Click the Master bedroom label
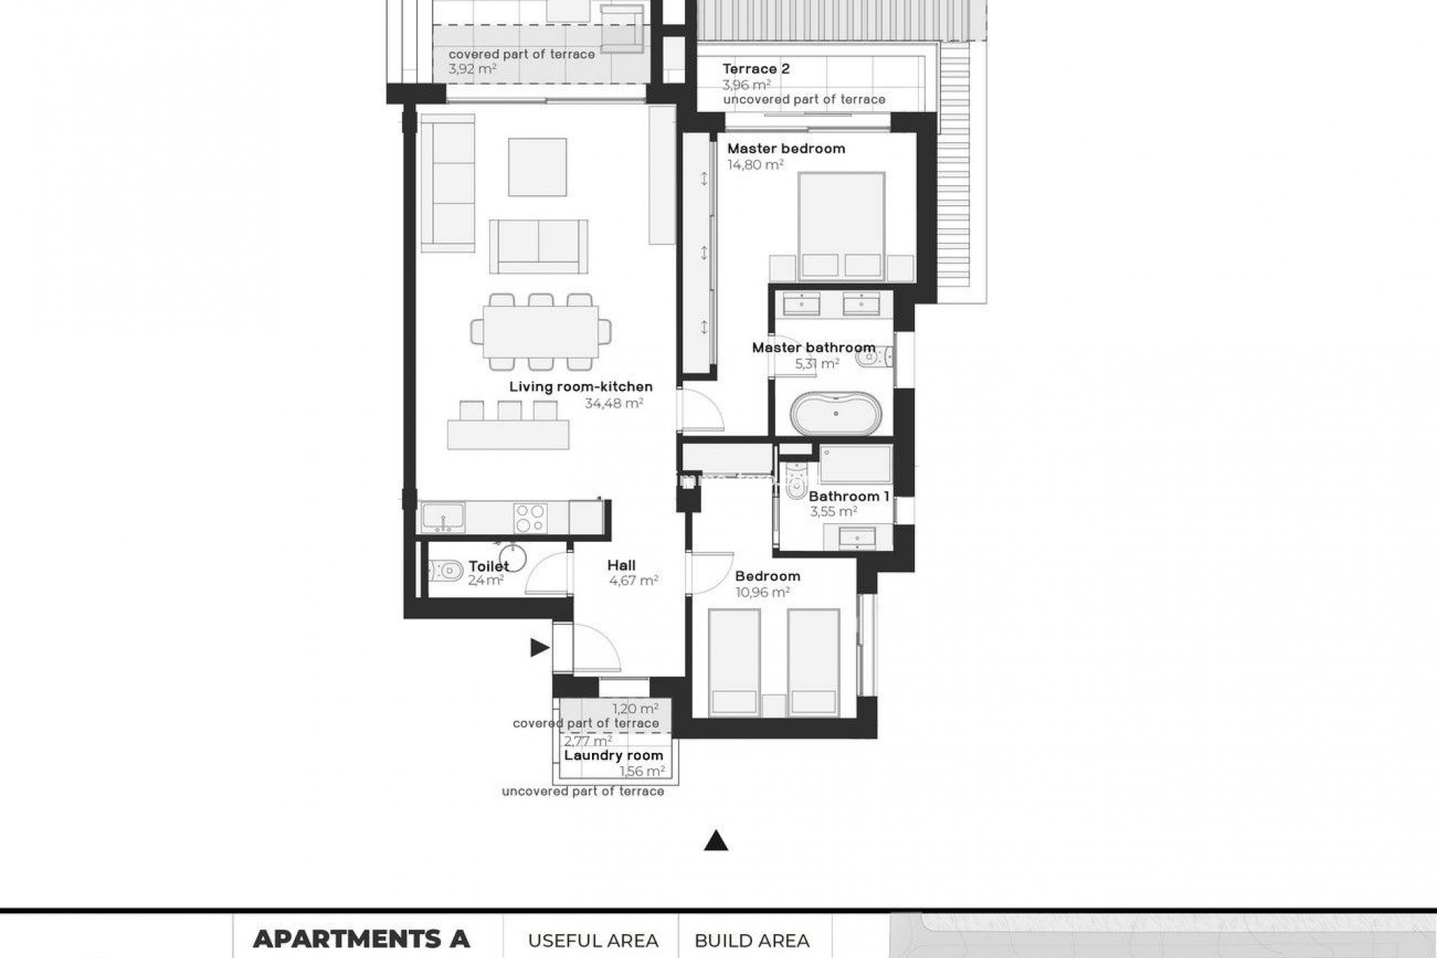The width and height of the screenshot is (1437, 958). coord(786,148)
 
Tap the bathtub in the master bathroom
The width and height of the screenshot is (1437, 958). coord(834,413)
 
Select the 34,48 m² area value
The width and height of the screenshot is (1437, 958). coord(614,403)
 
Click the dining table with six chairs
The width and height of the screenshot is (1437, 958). coord(540,332)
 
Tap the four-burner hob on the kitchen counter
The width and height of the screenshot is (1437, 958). coord(530,517)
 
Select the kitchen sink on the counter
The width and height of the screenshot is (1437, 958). coord(442,517)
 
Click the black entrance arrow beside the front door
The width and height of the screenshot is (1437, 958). coord(539,647)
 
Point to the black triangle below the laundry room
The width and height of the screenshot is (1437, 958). coord(716,841)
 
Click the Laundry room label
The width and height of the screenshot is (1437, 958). coord(613,755)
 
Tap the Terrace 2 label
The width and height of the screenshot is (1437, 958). coord(755,69)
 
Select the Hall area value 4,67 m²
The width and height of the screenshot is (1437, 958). coord(633,580)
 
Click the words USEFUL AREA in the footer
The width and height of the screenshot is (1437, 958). coord(593,941)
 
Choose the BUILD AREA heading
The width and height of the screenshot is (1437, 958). coord(751,941)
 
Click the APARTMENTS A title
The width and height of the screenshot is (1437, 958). coord(361,939)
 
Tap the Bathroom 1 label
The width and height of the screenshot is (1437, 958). coord(849,496)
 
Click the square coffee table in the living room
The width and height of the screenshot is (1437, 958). coord(537,167)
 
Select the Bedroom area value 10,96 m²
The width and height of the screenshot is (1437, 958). coord(763,592)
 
